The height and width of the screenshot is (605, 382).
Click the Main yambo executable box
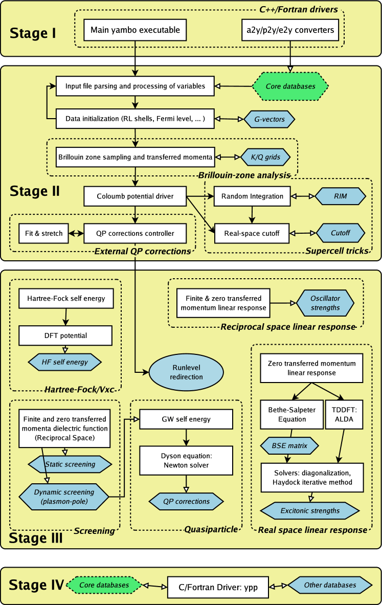[135, 30]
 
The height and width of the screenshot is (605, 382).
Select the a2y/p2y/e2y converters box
[290, 30]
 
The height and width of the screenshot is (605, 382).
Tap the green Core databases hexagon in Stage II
[290, 86]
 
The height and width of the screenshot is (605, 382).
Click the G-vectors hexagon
[269, 119]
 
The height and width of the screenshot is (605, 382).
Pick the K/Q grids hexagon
[265, 157]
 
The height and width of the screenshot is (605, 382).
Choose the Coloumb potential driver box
[135, 196]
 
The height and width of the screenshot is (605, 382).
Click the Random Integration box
[252, 196]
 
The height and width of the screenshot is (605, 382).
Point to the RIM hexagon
[341, 196]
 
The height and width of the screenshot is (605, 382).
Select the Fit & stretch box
[43, 233]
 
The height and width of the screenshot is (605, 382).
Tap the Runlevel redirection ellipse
[186, 372]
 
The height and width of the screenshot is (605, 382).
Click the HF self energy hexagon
[65, 362]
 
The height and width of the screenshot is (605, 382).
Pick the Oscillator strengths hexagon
[325, 303]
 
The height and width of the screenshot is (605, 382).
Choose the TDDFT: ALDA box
[344, 415]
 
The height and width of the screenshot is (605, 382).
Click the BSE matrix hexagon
[289, 446]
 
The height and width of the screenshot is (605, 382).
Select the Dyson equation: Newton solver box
[186, 461]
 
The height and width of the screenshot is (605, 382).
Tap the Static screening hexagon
[70, 464]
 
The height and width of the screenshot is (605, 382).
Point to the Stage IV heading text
[36, 586]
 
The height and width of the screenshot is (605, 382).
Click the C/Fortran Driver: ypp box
[218, 587]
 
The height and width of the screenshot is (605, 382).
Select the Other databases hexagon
[330, 586]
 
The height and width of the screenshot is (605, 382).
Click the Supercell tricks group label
[337, 251]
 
